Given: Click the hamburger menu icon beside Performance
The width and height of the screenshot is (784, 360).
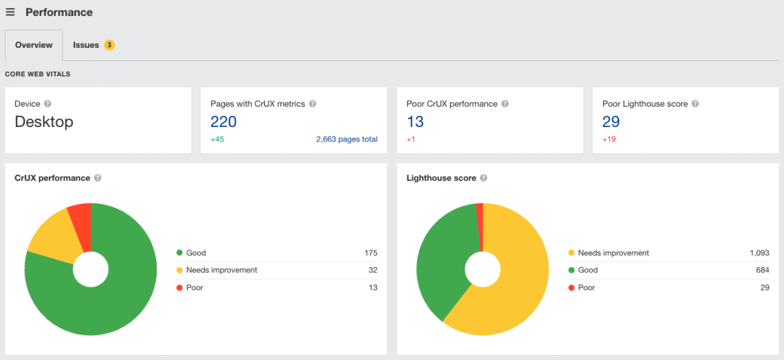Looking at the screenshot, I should [x=10, y=12].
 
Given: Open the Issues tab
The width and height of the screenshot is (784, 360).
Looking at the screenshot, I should [x=86, y=45].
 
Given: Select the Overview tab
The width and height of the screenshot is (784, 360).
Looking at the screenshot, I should [x=33, y=45].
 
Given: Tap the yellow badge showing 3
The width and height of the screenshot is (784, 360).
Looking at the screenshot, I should [x=109, y=45].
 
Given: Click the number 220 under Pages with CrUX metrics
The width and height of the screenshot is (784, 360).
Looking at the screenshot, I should [x=224, y=122].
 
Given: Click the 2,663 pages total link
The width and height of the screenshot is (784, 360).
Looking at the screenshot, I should [x=346, y=139].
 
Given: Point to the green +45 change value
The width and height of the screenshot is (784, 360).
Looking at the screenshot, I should [x=217, y=139].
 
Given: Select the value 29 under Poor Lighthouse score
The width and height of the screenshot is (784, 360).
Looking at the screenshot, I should [x=611, y=122].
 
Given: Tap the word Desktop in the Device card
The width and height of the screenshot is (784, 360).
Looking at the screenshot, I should [x=44, y=122].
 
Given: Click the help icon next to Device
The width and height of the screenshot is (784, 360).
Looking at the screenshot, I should [x=48, y=104].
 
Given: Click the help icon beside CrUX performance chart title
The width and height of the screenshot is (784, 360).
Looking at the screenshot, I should [x=97, y=178].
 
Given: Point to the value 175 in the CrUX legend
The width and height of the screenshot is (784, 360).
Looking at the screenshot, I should [x=370, y=253].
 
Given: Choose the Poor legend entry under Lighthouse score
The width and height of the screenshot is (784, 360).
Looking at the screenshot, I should [x=586, y=287].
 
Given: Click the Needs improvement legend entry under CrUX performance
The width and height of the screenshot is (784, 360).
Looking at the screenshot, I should [x=221, y=270].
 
